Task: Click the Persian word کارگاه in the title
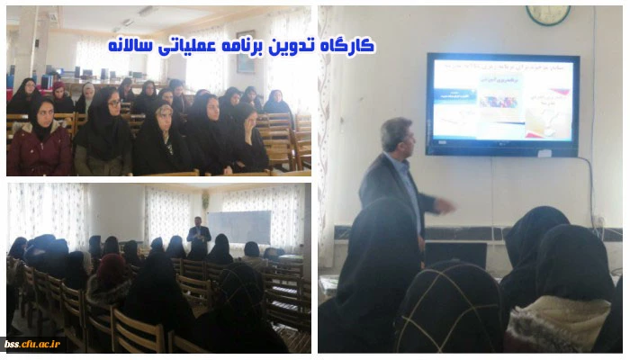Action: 349,45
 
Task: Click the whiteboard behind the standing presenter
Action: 239,228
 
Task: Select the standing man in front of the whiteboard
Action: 200,238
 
